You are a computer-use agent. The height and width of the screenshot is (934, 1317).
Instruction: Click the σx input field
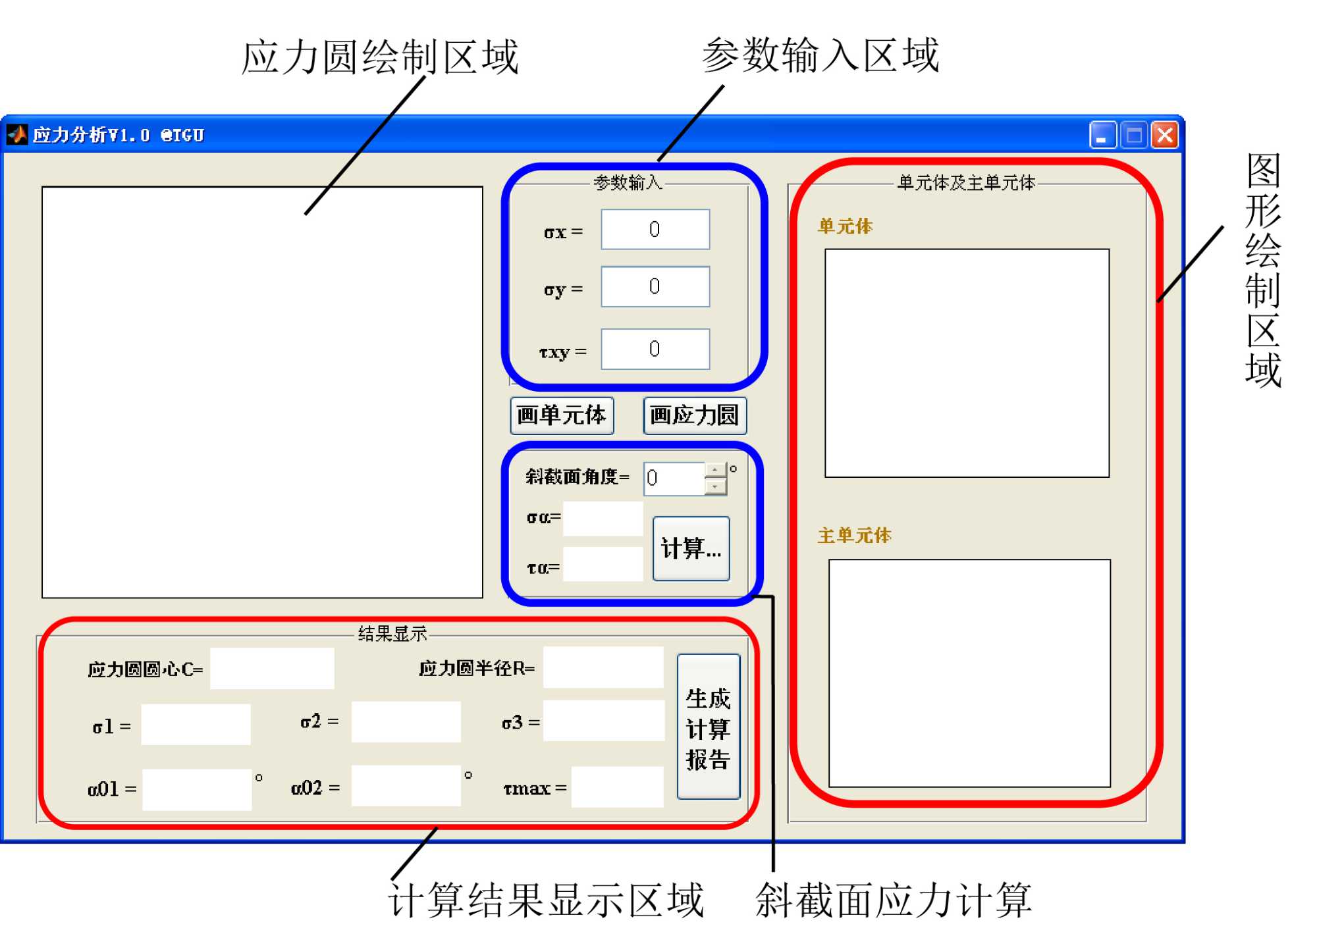coord(655,229)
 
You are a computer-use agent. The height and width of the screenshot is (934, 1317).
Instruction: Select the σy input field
coord(655,286)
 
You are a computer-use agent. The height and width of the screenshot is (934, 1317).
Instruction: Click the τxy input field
coord(655,349)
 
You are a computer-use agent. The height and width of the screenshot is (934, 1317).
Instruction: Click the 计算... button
coord(691,548)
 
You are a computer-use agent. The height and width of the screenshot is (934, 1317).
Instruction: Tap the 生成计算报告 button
coord(708,727)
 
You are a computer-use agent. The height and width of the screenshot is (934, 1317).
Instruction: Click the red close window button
coord(1164,136)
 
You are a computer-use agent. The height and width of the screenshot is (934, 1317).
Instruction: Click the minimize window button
coord(1102,136)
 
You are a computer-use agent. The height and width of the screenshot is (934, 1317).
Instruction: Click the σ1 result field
coord(196,725)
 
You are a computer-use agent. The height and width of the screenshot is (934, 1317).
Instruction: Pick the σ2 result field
coord(406,722)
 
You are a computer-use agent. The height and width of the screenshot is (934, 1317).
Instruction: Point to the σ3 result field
coord(603,721)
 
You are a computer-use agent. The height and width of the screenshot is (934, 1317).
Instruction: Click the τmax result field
coord(617,787)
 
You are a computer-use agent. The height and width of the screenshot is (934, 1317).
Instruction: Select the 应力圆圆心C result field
coord(271,669)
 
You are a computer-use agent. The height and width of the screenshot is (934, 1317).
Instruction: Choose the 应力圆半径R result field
coord(603,667)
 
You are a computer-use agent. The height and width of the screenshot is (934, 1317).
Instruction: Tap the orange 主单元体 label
coord(854,535)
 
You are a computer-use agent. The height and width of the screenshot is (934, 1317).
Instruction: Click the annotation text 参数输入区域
coord(820,55)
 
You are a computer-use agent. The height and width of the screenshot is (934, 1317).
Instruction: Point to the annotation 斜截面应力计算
coord(893,900)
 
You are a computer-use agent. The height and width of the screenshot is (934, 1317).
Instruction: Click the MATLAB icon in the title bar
coord(17,135)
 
